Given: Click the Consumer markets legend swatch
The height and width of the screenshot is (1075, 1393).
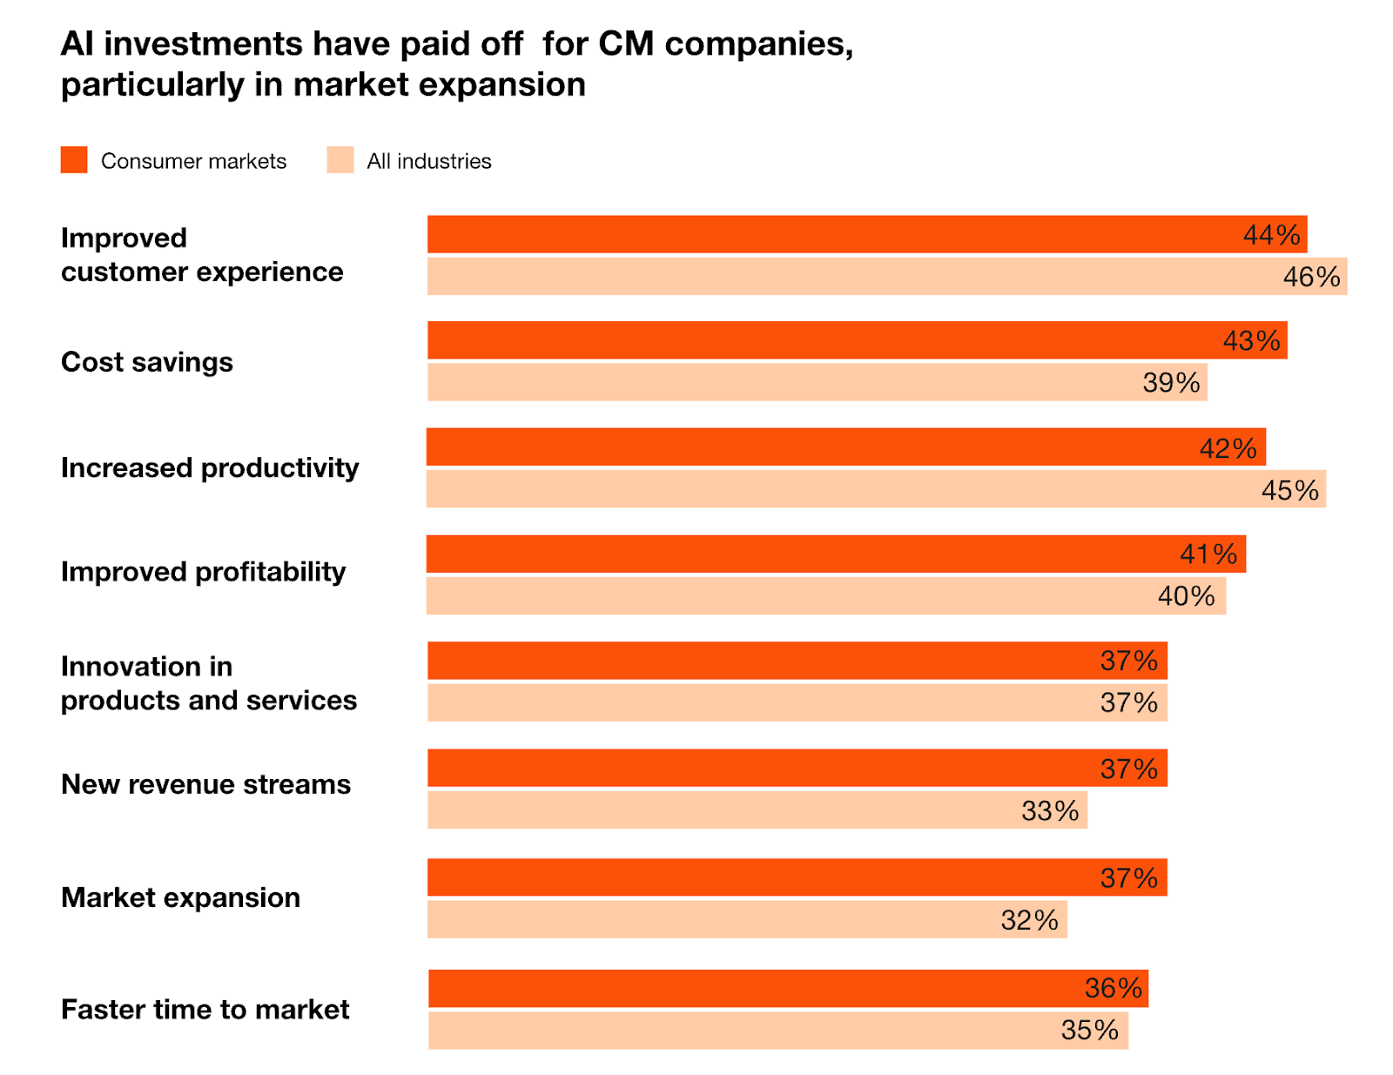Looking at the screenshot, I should point(74,160).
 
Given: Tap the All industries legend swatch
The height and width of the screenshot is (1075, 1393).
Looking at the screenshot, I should point(340,160).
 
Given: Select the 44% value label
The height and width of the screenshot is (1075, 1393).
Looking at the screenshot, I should point(1271,235).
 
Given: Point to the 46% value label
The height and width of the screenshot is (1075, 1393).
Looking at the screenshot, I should point(1311,277).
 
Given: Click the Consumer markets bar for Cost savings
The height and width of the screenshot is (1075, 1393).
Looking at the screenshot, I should point(858,340).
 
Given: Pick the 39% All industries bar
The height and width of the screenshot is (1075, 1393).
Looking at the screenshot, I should point(817,382).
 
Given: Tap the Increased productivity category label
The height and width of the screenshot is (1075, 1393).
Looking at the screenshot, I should point(210,468).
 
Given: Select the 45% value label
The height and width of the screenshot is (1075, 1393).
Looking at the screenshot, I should point(1289,490).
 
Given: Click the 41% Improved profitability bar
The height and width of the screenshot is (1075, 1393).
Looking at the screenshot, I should point(836,554).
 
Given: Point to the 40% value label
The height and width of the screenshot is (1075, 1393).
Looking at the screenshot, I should point(1186,596).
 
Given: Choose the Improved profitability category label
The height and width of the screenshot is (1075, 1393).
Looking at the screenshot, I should point(203,572).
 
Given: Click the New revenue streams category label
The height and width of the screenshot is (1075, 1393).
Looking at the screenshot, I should point(205,784).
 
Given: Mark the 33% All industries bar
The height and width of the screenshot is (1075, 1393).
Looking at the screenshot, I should point(757,810).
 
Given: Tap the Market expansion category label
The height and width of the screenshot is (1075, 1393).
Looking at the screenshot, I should point(180,897).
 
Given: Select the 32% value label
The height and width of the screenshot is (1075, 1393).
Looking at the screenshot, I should point(1029,920).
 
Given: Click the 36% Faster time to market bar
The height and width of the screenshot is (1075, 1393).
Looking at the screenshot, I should point(788,989).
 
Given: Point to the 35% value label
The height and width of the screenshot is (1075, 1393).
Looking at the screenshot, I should point(1089,1031).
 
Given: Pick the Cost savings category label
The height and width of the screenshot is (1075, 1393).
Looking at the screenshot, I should point(147,362).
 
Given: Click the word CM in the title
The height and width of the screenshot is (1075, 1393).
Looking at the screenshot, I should point(626,44).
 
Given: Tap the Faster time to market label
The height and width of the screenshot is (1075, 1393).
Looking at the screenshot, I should point(205,1010).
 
